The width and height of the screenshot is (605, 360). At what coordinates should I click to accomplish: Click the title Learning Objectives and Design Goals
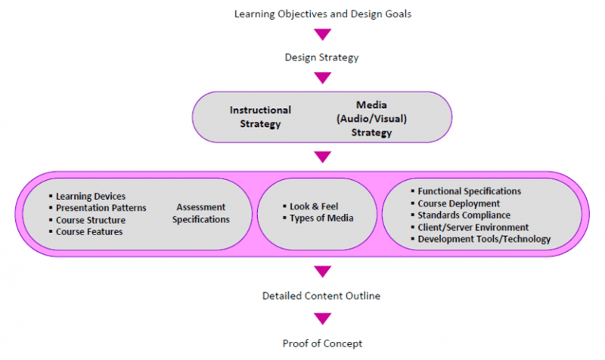pyautogui.click(x=323, y=14)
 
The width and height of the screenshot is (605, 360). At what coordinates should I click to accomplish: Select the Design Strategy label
pyautogui.click(x=322, y=57)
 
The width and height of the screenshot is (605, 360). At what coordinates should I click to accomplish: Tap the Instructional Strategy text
pyautogui.click(x=260, y=116)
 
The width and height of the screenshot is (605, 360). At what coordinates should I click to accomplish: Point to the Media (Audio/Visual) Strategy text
pyautogui.click(x=371, y=119)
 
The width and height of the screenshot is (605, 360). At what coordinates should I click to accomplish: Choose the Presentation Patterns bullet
pyautogui.click(x=101, y=208)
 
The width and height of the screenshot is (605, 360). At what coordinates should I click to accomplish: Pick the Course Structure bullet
pyautogui.click(x=91, y=220)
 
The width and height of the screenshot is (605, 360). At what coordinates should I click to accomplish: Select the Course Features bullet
pyautogui.click(x=89, y=232)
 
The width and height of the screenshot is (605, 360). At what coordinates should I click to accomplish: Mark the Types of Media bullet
pyautogui.click(x=321, y=219)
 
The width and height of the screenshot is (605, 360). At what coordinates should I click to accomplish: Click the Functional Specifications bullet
pyautogui.click(x=469, y=191)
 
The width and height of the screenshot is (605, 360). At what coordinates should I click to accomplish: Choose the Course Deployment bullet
pyautogui.click(x=458, y=203)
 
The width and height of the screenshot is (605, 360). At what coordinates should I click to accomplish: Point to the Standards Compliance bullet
pyautogui.click(x=464, y=216)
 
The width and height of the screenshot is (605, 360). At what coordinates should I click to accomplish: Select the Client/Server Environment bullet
pyautogui.click(x=473, y=228)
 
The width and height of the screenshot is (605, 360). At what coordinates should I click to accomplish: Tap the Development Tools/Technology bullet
pyautogui.click(x=484, y=240)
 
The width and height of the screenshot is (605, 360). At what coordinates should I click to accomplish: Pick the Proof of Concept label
pyautogui.click(x=323, y=344)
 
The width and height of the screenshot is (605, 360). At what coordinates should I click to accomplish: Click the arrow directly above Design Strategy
pyautogui.click(x=323, y=35)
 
